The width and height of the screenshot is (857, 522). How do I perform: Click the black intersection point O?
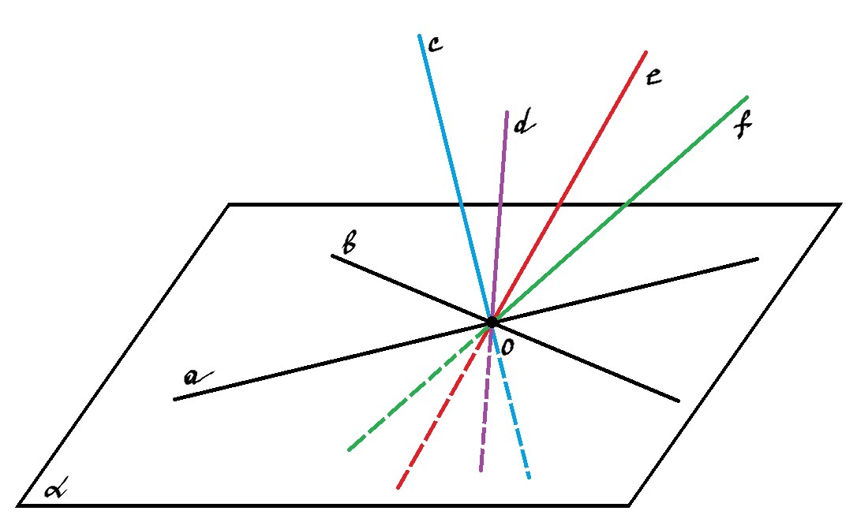pyautogui.click(x=492, y=322)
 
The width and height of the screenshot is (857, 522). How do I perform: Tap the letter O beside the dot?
pyautogui.click(x=507, y=347)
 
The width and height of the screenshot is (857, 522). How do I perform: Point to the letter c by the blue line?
pyautogui.click(x=435, y=44)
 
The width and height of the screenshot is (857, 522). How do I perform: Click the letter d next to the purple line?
pyautogui.click(x=524, y=123)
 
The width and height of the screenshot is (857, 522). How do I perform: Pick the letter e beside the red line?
pyautogui.click(x=653, y=76)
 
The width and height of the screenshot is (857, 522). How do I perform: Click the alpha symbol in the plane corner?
pyautogui.click(x=56, y=490)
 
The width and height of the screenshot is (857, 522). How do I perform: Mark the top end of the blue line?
pyautogui.click(x=419, y=36)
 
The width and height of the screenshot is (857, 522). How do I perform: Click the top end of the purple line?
pyautogui.click(x=507, y=113)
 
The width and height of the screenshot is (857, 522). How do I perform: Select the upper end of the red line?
pyautogui.click(x=646, y=52)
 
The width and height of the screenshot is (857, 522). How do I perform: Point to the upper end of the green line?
pyautogui.click(x=747, y=98)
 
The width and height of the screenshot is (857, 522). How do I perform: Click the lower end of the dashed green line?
pyautogui.click(x=350, y=449)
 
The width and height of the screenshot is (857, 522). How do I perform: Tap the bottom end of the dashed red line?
pyautogui.click(x=399, y=487)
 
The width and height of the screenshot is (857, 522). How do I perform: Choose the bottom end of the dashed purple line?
pyautogui.click(x=481, y=470)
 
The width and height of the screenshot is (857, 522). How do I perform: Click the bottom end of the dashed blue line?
pyautogui.click(x=529, y=477)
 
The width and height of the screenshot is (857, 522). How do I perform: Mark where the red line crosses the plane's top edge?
pyautogui.click(x=558, y=205)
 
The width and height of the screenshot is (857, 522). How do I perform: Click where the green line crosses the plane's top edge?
pyautogui.click(x=627, y=205)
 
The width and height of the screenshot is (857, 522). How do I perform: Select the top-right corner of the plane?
pyautogui.click(x=840, y=205)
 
